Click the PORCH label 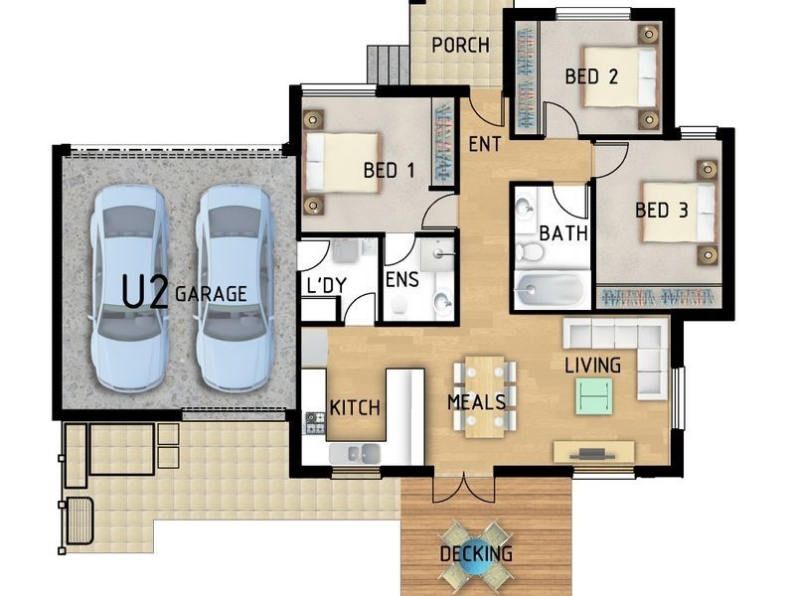460,45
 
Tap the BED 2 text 591,76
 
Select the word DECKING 476,553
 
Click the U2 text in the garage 145,293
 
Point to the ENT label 485,144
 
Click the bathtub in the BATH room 552,290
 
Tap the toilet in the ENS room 400,305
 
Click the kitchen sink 355,454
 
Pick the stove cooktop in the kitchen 314,424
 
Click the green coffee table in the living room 593,396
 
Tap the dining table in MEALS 485,396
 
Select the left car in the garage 130,287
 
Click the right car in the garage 234,287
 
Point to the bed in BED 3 679,213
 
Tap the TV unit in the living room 593,452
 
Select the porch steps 388,65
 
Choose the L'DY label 327,286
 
